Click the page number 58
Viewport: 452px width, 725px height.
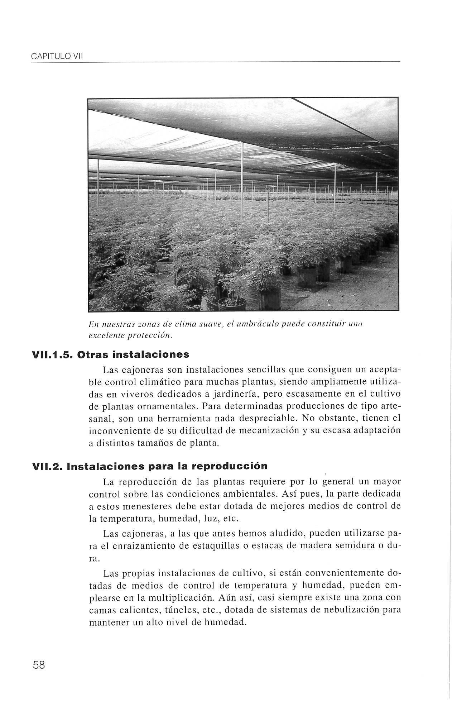pyautogui.click(x=39, y=666)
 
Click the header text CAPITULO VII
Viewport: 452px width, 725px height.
pyautogui.click(x=57, y=57)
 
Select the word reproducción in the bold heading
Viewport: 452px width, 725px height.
pyautogui.click(x=229, y=466)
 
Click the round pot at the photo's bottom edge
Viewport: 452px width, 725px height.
pyautogui.click(x=232, y=303)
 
